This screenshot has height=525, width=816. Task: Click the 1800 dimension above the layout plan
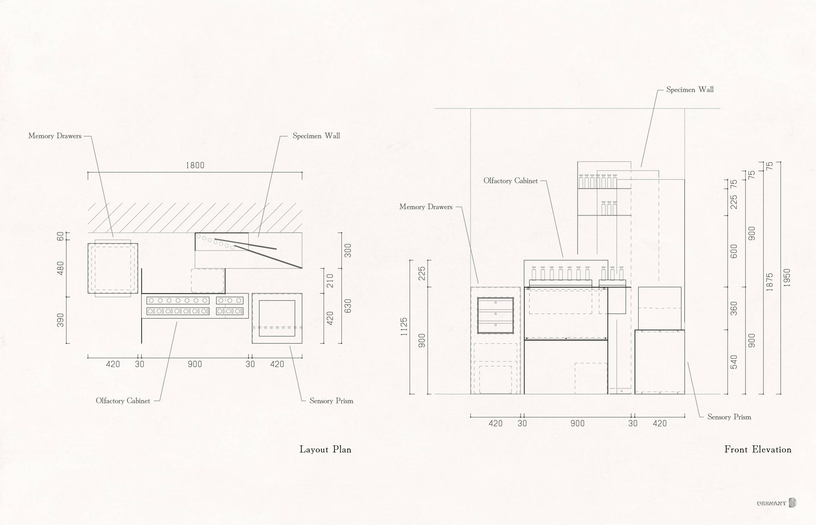tap(195, 165)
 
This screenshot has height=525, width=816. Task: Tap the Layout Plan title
tap(325, 449)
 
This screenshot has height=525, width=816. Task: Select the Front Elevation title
tap(757, 449)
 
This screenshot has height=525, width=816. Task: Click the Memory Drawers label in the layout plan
tap(55, 136)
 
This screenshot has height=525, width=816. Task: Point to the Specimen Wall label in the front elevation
tap(689, 90)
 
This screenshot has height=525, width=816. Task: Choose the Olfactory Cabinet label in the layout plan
tap(123, 401)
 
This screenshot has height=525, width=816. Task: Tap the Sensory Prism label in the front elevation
tap(729, 417)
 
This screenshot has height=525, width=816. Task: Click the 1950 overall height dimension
tap(787, 277)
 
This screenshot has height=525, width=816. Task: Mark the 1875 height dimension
tap(769, 282)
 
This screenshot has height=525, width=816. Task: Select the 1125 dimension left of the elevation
tap(404, 327)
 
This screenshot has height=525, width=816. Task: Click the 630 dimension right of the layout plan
tap(347, 306)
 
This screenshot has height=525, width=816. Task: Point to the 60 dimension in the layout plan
tap(60, 236)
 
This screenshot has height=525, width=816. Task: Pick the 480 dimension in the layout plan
tap(60, 268)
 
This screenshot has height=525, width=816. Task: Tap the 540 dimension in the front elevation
tap(734, 362)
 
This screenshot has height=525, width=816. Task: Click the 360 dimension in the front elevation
tap(734, 308)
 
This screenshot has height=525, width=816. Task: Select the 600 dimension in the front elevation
tap(734, 251)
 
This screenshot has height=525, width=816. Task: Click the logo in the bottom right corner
tap(776, 503)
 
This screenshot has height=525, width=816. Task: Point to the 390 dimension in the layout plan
tap(60, 320)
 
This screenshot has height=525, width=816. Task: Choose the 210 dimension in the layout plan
tap(330, 281)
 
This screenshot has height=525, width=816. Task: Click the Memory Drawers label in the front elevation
tap(426, 207)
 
